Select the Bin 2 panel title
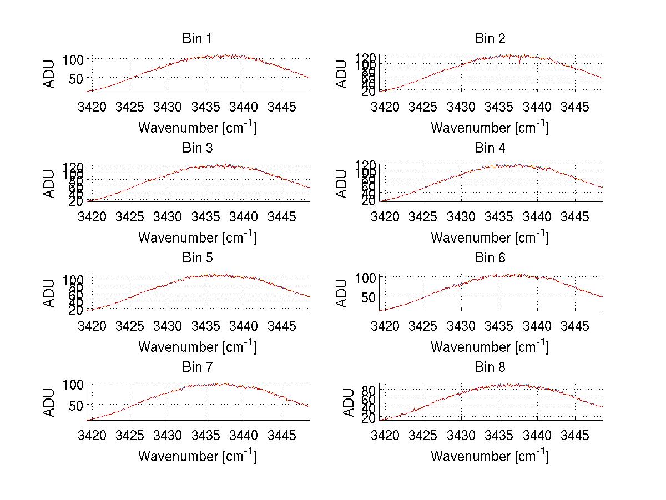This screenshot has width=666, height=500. tap(490, 39)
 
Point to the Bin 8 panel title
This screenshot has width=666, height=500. tap(490, 367)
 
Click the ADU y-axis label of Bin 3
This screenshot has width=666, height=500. tap(50, 184)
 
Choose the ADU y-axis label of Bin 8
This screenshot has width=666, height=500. tap(348, 402)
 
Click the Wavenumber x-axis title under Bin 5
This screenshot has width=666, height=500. tap(197, 347)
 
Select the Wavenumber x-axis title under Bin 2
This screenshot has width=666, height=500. tap(490, 128)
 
